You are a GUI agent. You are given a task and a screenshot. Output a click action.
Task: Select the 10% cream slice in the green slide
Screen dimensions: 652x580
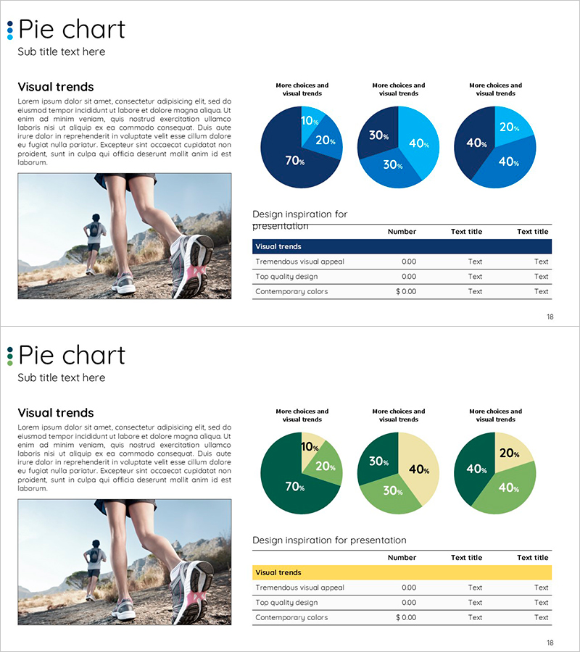click(310, 444)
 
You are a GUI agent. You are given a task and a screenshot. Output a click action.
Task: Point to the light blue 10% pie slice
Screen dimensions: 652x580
click(310, 118)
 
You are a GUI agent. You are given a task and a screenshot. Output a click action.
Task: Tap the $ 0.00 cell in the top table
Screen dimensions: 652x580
click(406, 291)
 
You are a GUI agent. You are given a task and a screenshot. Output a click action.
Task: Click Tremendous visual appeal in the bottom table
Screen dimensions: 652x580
click(299, 588)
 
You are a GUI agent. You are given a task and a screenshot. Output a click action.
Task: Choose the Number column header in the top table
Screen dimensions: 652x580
click(402, 232)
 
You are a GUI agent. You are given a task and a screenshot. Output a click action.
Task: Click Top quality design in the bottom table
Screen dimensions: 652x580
click(286, 603)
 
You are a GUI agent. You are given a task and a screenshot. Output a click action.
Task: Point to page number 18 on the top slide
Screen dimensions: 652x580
click(550, 317)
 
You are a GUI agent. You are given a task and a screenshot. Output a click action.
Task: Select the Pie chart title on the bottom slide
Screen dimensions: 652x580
click(72, 355)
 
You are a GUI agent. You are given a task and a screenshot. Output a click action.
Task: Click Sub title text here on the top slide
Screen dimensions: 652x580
click(62, 51)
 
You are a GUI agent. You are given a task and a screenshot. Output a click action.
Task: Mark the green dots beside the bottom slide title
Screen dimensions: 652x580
click(10, 356)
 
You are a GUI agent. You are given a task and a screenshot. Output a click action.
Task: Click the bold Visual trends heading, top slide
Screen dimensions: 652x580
click(56, 87)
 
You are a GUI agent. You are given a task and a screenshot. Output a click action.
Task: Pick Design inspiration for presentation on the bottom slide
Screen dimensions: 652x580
click(329, 540)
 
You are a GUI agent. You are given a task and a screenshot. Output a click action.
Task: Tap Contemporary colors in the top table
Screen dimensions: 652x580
click(291, 291)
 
